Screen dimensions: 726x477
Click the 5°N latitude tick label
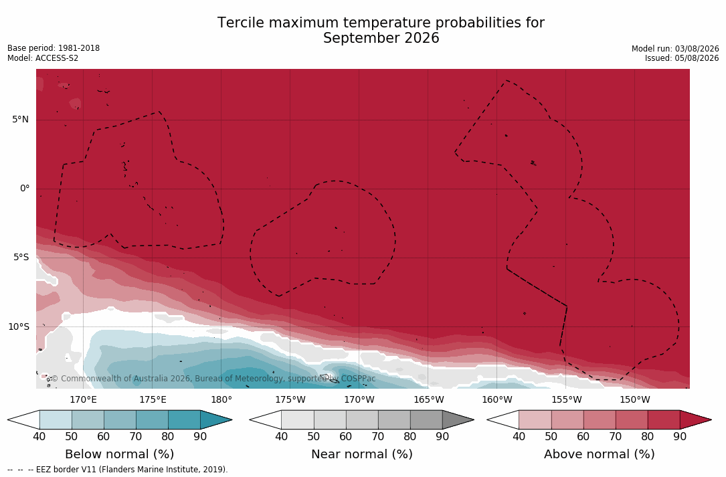click(20, 120)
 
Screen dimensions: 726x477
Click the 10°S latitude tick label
click(19, 327)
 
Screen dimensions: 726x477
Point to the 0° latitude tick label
click(25, 189)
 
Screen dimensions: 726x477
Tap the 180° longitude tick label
click(221, 399)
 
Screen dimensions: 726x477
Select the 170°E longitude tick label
click(84, 399)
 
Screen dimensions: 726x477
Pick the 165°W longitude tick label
click(429, 399)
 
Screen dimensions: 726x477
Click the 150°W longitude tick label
click(635, 399)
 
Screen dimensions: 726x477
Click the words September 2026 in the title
click(381, 38)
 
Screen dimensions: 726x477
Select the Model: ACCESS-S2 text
click(43, 58)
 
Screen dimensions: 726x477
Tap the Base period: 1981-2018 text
click(54, 48)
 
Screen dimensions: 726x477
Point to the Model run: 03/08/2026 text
click(675, 49)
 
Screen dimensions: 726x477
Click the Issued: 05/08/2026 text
click(682, 58)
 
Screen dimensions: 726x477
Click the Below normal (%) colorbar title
click(120, 454)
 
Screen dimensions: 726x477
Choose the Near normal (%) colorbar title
click(361, 454)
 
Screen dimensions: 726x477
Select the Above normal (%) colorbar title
click(599, 454)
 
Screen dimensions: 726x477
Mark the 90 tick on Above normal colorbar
click(680, 436)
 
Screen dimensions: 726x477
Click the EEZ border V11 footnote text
click(118, 469)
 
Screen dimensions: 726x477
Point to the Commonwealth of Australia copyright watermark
click(213, 379)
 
